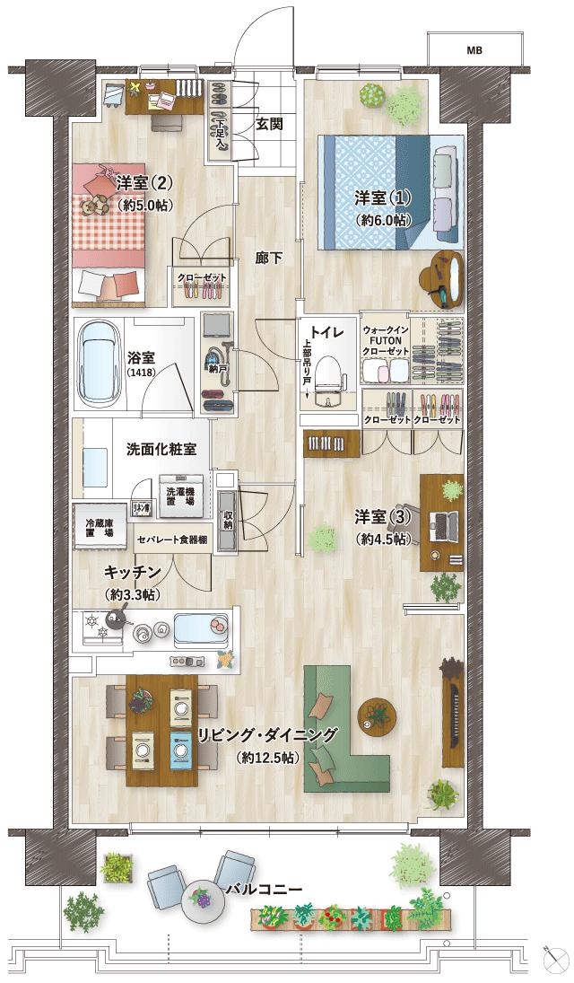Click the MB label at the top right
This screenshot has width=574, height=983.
(474, 50)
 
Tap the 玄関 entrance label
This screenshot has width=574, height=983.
(269, 124)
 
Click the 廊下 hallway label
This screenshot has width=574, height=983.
(269, 259)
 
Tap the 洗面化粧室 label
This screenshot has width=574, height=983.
(161, 449)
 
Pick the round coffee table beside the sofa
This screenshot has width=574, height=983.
(378, 715)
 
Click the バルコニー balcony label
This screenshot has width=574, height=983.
(263, 890)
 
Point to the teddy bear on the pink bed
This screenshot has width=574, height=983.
(91, 203)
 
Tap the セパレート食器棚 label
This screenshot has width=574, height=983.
(172, 540)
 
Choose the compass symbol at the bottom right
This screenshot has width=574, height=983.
(552, 954)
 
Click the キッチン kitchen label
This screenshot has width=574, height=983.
(132, 572)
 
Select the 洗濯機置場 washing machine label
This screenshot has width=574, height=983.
(185, 498)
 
